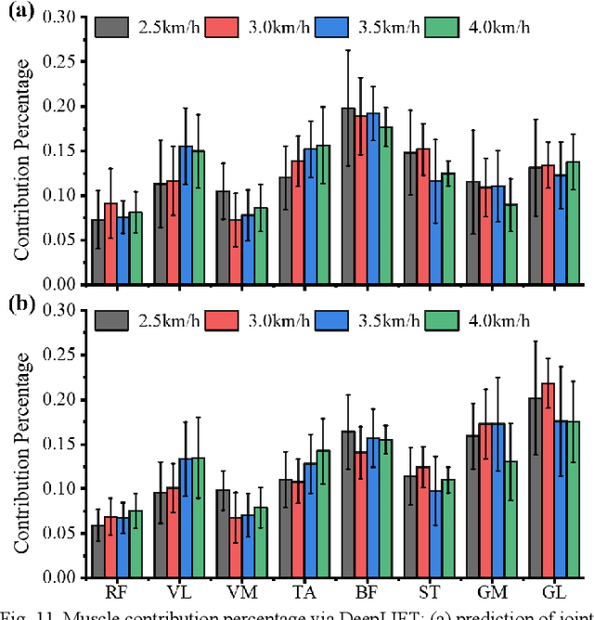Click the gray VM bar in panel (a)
click(221, 238)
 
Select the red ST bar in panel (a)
click(424, 216)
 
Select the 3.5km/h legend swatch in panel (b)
click(329, 320)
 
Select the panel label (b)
click(19, 304)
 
